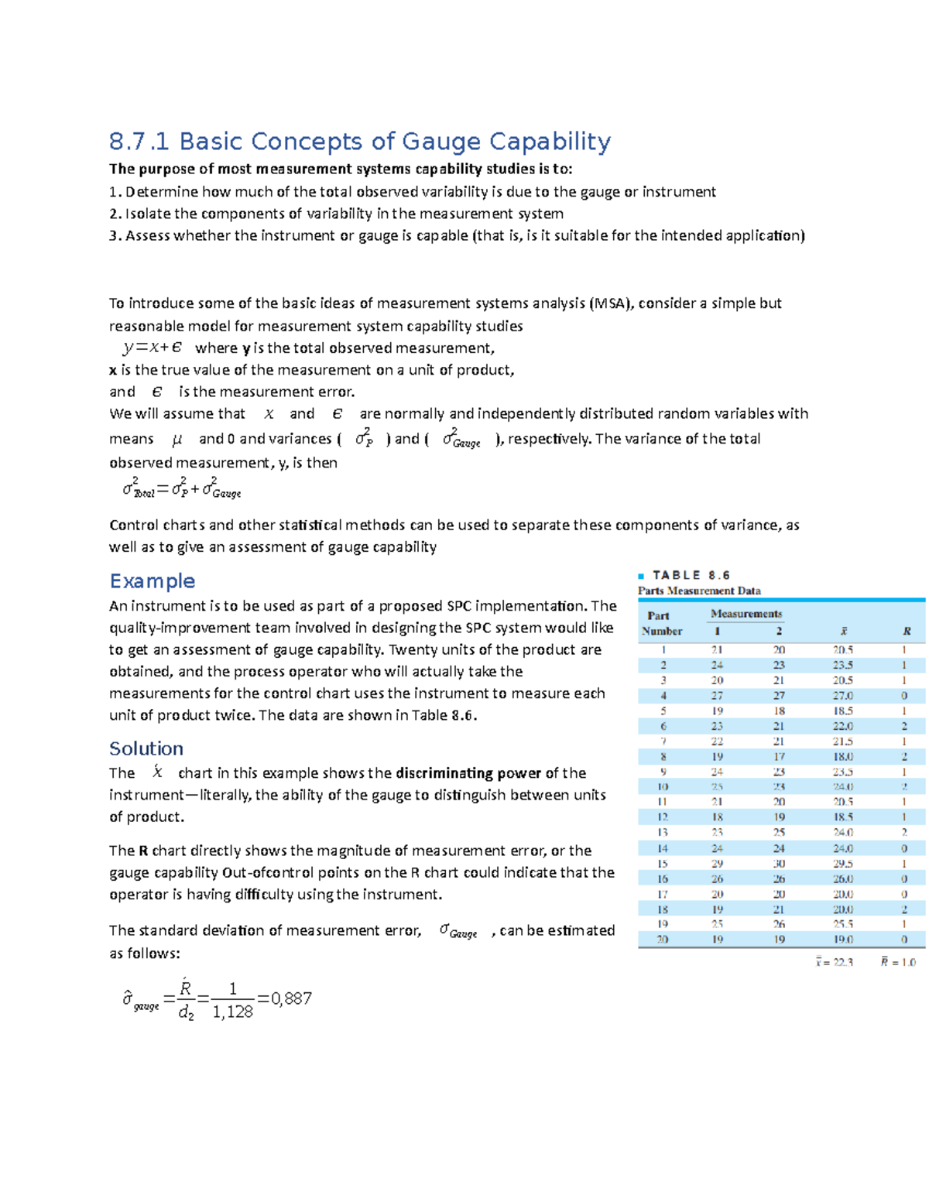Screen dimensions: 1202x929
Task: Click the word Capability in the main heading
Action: (x=550, y=142)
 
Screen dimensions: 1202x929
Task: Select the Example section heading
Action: (x=152, y=580)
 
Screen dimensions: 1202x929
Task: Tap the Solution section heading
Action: (x=146, y=748)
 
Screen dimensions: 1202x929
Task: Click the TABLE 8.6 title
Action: (x=691, y=575)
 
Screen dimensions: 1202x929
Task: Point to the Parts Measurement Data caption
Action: (x=698, y=591)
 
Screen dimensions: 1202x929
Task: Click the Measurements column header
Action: (x=746, y=614)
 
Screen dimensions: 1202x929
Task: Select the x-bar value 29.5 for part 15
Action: (x=842, y=864)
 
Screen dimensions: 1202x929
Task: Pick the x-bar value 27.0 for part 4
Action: (x=842, y=696)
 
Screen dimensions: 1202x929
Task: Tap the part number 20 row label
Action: (x=662, y=940)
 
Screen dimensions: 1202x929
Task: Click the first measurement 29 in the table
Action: (x=717, y=864)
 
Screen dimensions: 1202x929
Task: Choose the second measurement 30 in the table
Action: (x=779, y=864)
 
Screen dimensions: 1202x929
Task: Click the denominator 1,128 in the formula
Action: (x=232, y=1012)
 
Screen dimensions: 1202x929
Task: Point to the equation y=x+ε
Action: (x=153, y=348)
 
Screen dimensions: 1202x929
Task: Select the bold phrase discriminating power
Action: (x=468, y=773)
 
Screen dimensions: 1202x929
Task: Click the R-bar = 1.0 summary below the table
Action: (x=898, y=962)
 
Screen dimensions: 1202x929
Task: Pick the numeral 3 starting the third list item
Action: (x=113, y=236)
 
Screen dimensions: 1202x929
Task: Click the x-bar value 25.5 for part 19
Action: (x=842, y=924)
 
